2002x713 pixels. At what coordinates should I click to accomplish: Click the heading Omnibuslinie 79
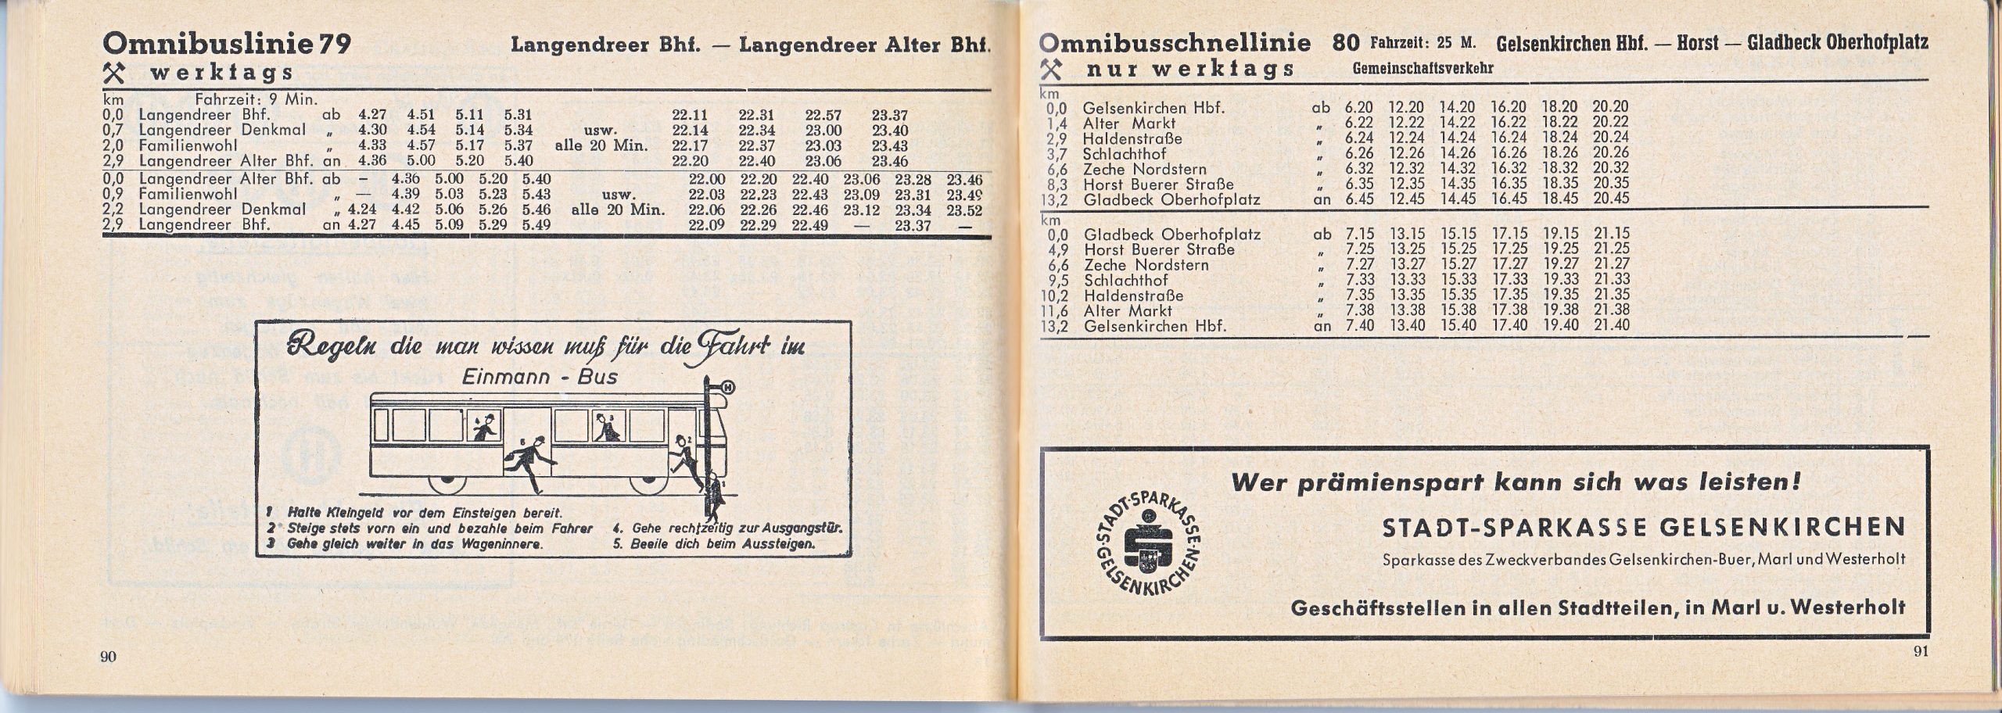227,44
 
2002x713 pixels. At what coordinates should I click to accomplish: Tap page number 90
107,656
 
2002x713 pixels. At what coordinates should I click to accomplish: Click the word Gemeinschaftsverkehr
1423,69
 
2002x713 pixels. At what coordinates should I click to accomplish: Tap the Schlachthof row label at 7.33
1125,281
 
